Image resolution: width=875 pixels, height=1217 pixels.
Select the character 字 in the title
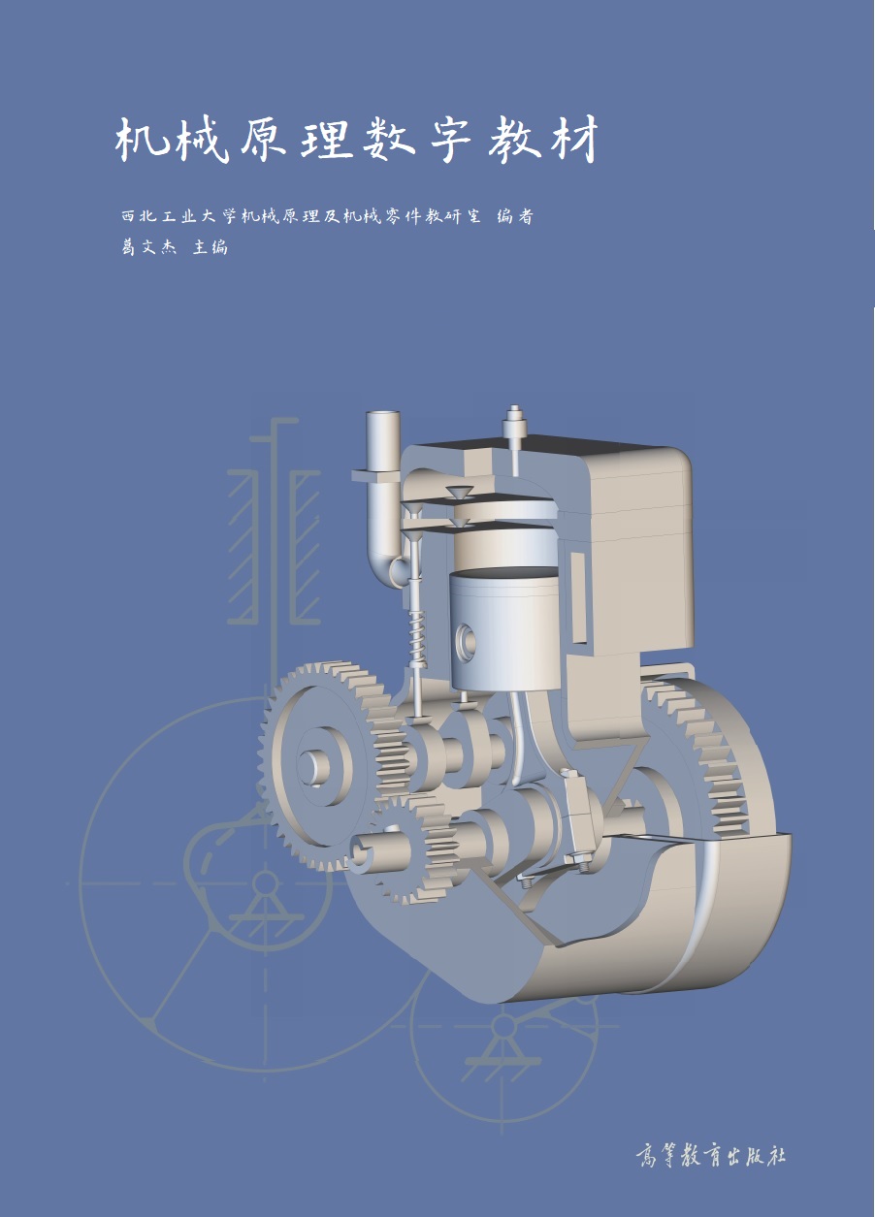(x=450, y=141)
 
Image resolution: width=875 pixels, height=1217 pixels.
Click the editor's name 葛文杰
(x=148, y=247)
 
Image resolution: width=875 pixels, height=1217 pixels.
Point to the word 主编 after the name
(x=211, y=247)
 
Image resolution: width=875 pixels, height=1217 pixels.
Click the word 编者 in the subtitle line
(x=515, y=216)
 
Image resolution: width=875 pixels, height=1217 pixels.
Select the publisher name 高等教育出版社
(x=710, y=1155)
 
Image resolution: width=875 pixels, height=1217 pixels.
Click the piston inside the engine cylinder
(x=503, y=631)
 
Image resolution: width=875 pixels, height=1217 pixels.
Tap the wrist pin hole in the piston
(x=467, y=641)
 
